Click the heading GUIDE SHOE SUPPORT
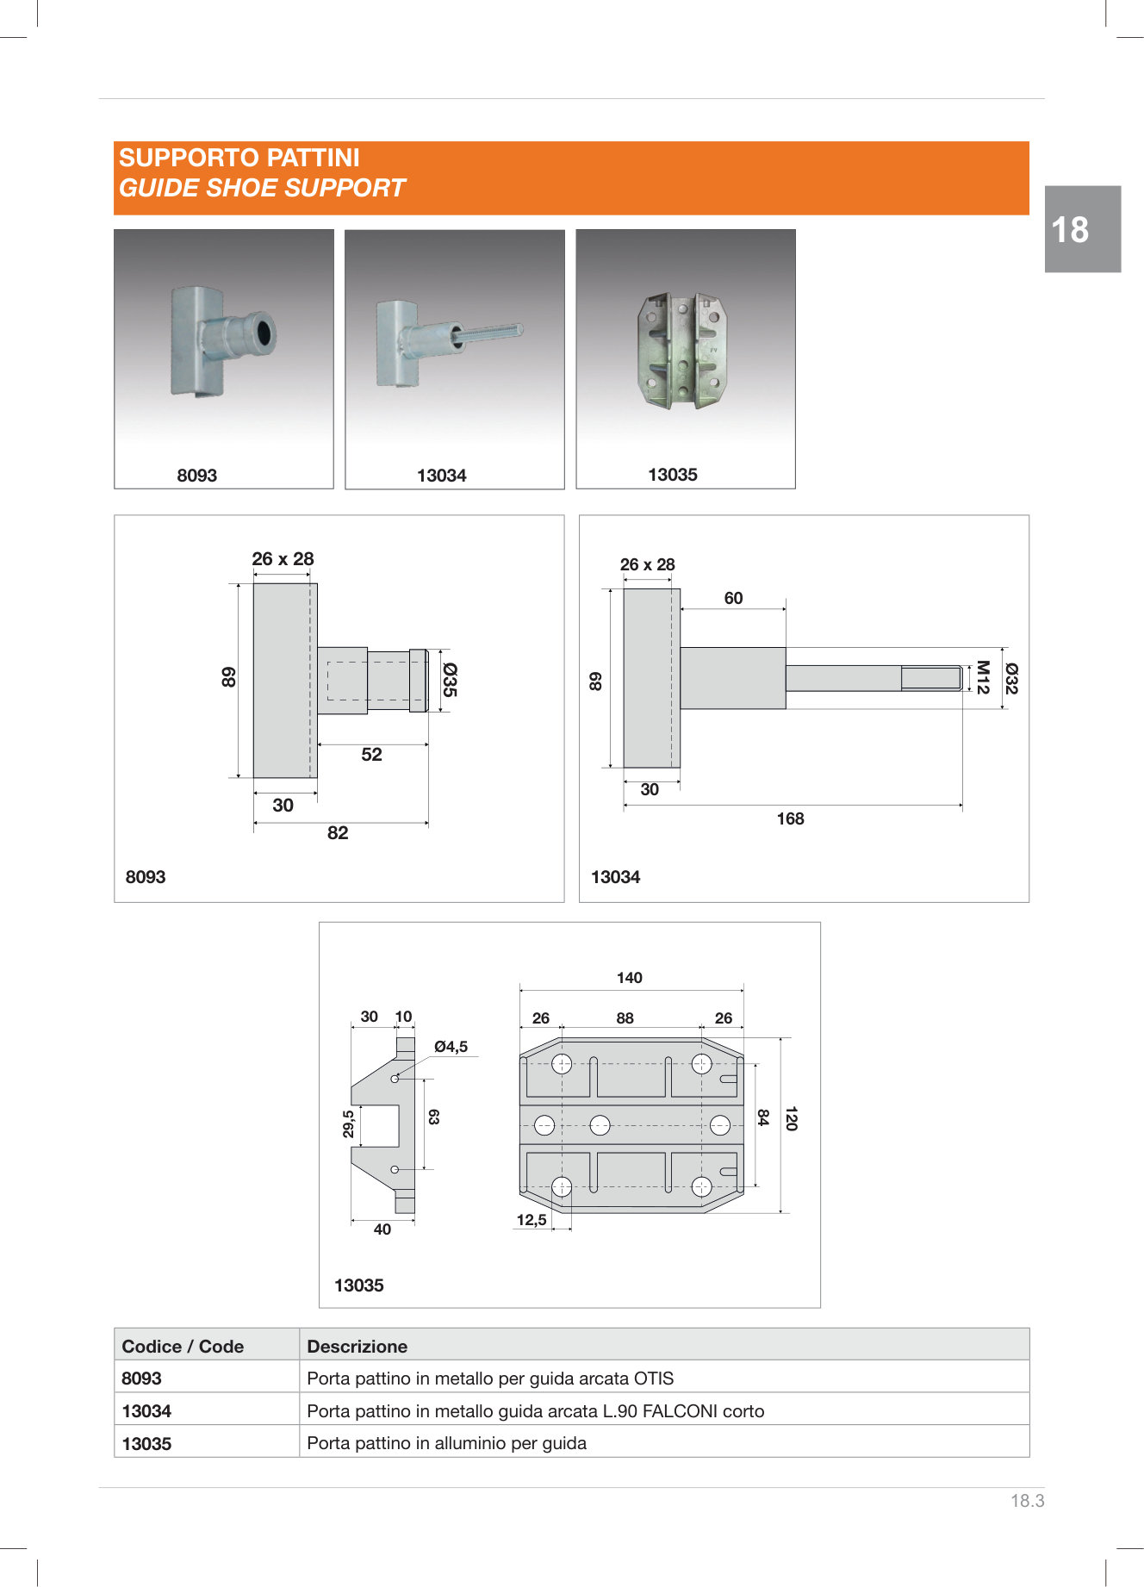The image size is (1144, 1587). tap(262, 188)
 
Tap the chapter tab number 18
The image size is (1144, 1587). tap(1070, 230)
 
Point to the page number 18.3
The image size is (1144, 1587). tap(1027, 1501)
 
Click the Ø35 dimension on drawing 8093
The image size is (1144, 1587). tap(449, 680)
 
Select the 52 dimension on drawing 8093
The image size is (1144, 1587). tap(371, 755)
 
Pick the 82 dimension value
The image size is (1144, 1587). tap(338, 833)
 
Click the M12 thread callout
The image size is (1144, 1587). tap(982, 677)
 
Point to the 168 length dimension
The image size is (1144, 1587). tap(790, 818)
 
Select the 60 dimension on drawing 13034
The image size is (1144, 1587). tap(733, 598)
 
